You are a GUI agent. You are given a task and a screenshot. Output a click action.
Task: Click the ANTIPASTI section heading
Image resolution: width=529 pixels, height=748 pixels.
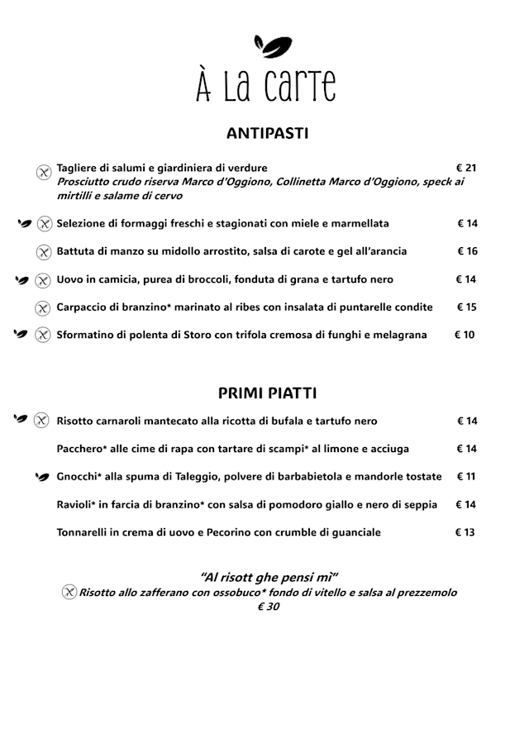click(x=267, y=132)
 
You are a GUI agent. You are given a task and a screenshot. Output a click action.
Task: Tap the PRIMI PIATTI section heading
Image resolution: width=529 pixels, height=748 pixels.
click(x=267, y=393)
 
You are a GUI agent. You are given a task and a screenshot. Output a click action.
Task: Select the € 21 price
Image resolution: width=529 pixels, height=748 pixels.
click(x=466, y=168)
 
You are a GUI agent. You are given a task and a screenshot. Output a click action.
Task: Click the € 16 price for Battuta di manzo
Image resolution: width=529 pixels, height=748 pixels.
click(x=467, y=251)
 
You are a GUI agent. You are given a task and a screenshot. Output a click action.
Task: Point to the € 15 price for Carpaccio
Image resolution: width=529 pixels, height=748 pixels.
click(x=467, y=307)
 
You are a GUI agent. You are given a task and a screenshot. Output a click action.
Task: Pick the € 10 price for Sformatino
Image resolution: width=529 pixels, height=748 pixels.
click(x=465, y=335)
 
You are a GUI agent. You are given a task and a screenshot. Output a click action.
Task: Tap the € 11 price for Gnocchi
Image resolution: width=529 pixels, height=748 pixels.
click(x=466, y=477)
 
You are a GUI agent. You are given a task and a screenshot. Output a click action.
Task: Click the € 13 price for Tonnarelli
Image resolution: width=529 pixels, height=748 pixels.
click(x=465, y=532)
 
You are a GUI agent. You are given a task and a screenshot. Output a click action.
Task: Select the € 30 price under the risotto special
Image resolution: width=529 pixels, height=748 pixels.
click(x=268, y=607)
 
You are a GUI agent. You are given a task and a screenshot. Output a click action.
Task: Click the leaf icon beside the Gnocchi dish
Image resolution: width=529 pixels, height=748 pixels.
click(x=41, y=477)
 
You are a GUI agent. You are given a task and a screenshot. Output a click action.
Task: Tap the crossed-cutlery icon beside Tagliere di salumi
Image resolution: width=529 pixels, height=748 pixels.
click(x=45, y=172)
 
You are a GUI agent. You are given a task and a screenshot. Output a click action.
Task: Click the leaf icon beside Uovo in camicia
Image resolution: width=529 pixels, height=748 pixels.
click(x=22, y=279)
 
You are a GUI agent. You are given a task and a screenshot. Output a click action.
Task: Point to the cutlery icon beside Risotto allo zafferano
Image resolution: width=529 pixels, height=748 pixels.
click(x=69, y=593)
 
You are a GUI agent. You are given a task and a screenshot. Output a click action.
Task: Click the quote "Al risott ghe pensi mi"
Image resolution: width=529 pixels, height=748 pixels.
click(x=269, y=577)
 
